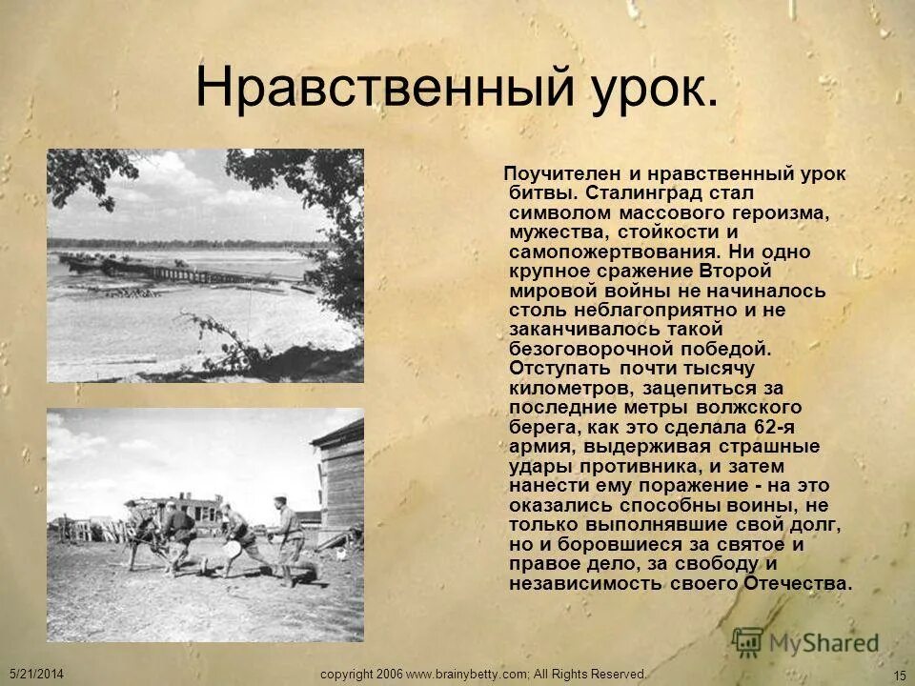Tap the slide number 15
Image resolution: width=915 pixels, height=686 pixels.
[900, 676]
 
